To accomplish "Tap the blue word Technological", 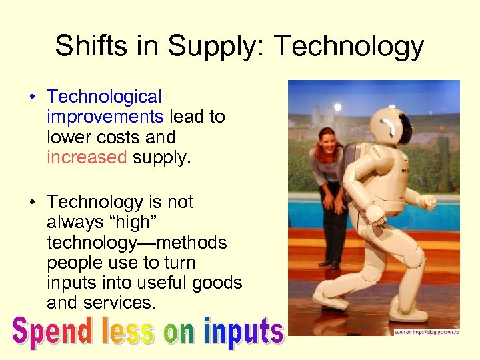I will (105, 97).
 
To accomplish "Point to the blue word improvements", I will (105, 117).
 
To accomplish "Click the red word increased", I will (87, 157).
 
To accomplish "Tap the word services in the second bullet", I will (121, 303).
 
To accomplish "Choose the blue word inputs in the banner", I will (244, 331).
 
